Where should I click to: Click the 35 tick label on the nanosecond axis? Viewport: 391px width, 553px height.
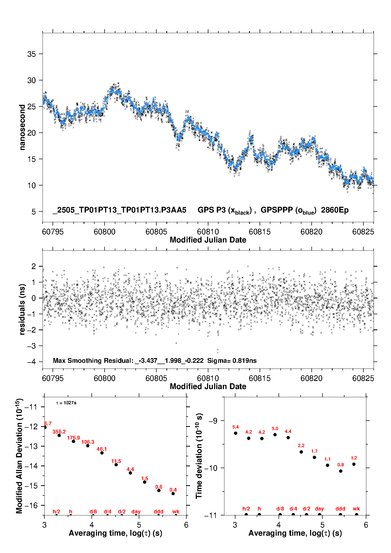32,54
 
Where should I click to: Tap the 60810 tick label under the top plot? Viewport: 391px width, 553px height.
208,232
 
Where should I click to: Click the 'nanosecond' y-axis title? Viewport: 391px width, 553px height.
22,127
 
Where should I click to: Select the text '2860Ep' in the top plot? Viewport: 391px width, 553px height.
335,210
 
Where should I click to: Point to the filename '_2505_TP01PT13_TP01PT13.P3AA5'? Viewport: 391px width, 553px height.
120,210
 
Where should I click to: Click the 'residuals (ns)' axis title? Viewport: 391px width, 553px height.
22,309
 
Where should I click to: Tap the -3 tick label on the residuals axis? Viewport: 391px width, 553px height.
32,346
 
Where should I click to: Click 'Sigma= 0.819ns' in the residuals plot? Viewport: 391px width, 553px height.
232,361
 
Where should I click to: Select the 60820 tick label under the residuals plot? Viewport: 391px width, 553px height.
311,378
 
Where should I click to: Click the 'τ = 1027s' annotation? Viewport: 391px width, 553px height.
66,403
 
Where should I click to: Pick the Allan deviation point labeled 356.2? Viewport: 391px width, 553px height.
59,435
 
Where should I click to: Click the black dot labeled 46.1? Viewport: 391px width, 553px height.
102,453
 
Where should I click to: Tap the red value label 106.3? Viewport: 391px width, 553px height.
88,442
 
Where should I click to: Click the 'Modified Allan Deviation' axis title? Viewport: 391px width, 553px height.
19,456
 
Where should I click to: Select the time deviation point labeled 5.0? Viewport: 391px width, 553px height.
275,435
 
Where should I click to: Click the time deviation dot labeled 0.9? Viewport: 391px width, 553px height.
341,471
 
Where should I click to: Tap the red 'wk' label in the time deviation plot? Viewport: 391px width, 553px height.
356,509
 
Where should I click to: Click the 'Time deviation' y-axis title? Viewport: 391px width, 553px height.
199,456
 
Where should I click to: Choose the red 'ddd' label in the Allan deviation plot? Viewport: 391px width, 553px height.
158,511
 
